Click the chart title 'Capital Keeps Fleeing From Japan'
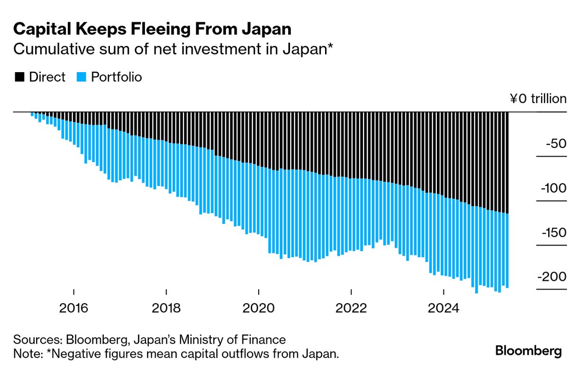(x=152, y=29)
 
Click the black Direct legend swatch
(x=19, y=77)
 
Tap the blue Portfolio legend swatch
(x=82, y=77)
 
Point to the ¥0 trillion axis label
(x=538, y=99)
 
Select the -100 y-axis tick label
(x=553, y=188)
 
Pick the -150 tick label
(x=553, y=232)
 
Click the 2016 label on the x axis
(x=74, y=308)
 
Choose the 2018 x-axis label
(x=166, y=308)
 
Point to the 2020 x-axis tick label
(x=259, y=308)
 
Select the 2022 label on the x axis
(x=351, y=308)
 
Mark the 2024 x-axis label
(x=444, y=308)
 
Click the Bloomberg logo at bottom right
(x=528, y=351)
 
